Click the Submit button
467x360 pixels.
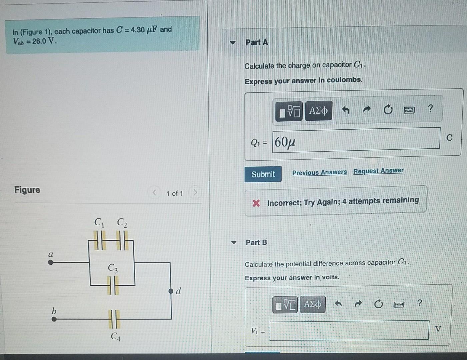tap(263, 174)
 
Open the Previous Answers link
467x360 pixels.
tap(319, 172)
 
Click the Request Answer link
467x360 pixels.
tap(378, 171)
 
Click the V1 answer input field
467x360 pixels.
tap(349, 330)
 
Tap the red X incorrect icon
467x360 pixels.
tap(256, 203)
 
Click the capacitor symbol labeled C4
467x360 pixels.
tap(114, 319)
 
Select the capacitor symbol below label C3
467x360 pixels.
tap(113, 286)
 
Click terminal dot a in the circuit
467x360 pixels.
tap(51, 262)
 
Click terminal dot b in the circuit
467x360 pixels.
tap(54, 319)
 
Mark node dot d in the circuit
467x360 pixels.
tap(171, 291)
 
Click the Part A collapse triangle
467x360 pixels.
tap(233, 43)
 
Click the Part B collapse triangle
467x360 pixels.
tap(234, 242)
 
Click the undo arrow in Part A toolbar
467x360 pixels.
tap(346, 109)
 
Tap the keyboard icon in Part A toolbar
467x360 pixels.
tap(409, 110)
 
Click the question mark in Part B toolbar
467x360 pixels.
tap(419, 303)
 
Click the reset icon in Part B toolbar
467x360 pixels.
tap(378, 304)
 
